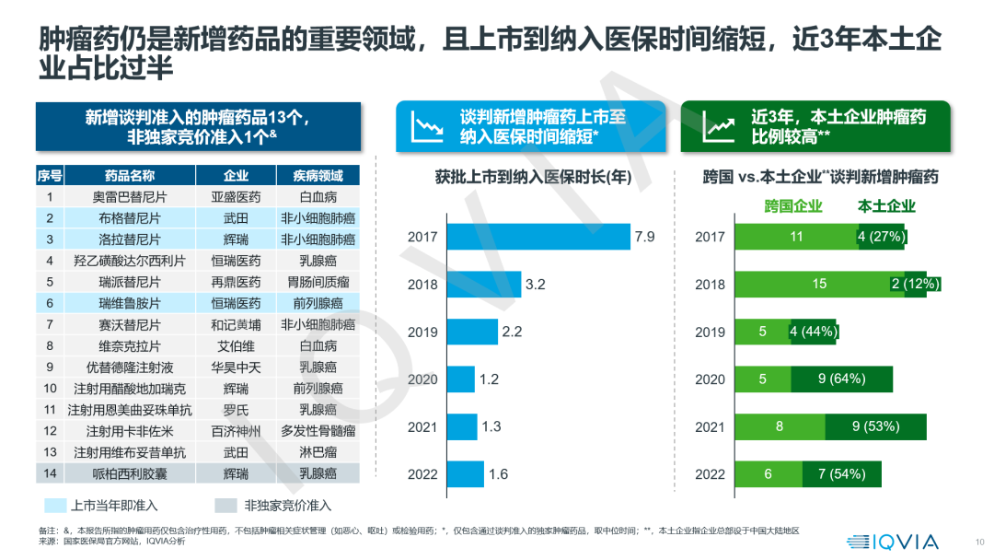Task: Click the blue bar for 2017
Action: (538, 237)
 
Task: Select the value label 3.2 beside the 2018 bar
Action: (536, 285)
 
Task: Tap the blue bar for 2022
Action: (466, 473)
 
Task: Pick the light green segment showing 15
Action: (818, 284)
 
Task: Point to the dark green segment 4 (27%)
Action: (882, 237)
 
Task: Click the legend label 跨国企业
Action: (793, 206)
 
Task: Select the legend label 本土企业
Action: (886, 206)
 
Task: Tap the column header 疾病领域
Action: (318, 176)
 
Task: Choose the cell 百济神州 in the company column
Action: (236, 431)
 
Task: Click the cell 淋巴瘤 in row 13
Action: (318, 452)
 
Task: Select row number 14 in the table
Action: (51, 473)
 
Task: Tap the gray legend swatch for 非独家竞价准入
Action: (225, 506)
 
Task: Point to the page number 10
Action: (978, 542)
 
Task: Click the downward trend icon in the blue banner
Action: (426, 126)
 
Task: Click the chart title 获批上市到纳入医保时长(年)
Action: (533, 178)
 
